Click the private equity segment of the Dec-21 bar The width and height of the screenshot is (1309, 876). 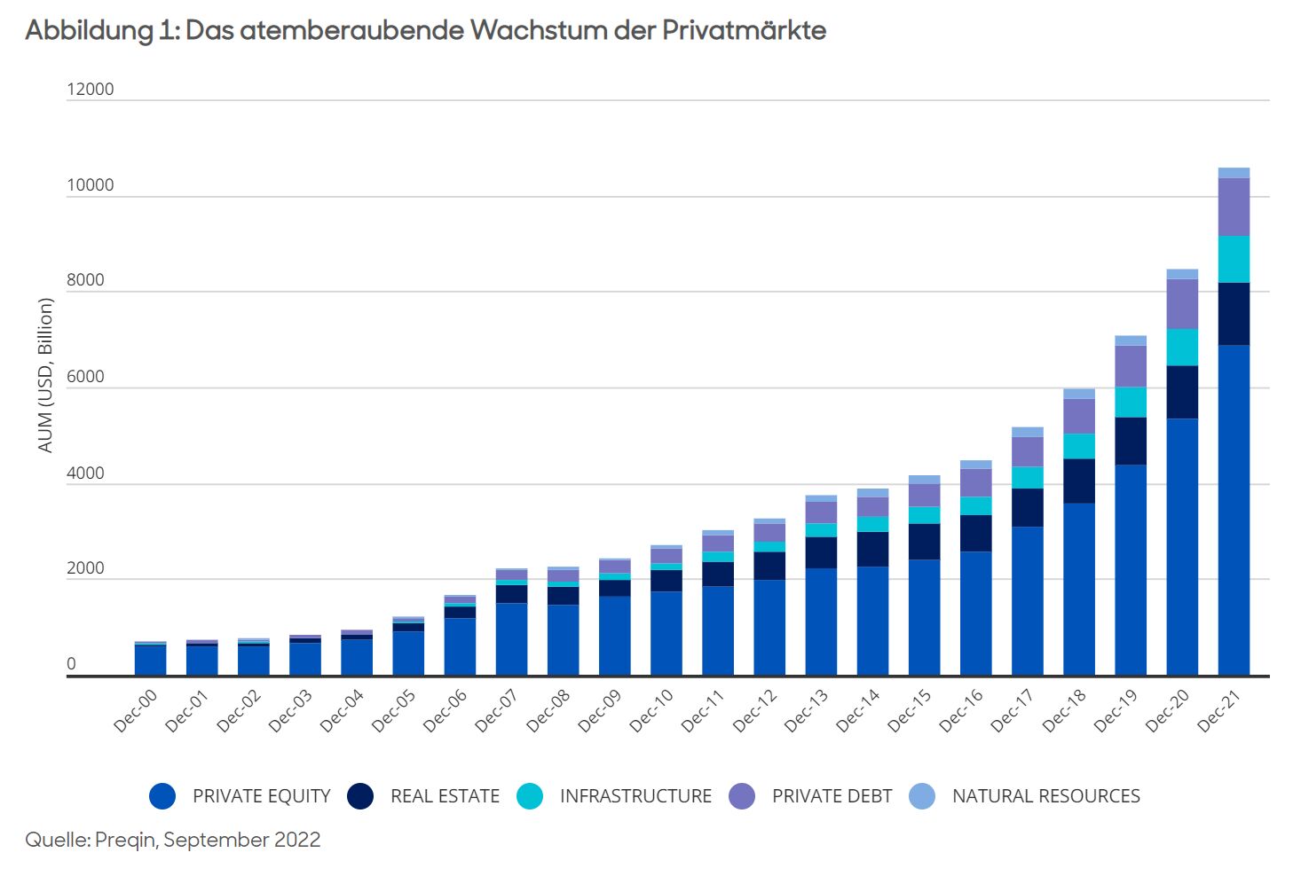point(1234,510)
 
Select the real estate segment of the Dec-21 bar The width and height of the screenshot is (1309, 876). point(1234,314)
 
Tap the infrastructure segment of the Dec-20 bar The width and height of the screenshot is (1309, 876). point(1182,348)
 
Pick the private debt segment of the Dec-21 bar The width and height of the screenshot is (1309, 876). point(1234,207)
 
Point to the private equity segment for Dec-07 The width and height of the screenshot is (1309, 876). point(511,638)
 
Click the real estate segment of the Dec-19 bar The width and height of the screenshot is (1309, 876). point(1131,441)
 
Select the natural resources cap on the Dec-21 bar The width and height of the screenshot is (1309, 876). point(1234,173)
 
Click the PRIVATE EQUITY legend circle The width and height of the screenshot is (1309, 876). point(162,796)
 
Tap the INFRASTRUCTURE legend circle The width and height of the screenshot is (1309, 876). point(530,796)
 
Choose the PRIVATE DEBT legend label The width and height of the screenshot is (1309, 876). point(832,796)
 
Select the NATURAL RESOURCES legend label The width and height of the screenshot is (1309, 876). point(1045,796)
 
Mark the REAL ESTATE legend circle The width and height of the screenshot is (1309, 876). point(360,796)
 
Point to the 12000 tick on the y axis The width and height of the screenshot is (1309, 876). point(91,90)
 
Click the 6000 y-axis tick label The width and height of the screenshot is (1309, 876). point(85,377)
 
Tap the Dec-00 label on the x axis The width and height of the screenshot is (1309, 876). point(136,710)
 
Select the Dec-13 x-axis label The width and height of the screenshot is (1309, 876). point(806,710)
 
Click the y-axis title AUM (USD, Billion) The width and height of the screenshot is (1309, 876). point(45,375)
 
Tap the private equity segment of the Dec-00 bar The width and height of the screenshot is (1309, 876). point(151,661)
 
